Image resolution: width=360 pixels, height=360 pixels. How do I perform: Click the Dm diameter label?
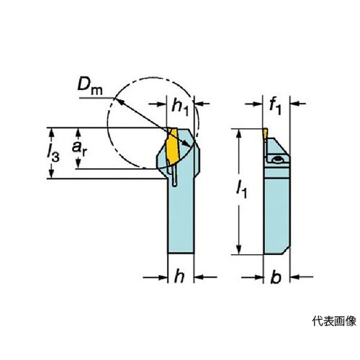pos(90,86)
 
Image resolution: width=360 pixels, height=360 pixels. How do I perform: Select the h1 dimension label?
pos(180,107)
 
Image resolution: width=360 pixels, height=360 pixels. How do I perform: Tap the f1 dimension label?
pos(275,107)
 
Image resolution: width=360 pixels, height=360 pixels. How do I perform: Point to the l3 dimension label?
pos(53,153)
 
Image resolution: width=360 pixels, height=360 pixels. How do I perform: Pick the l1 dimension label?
pos(241,189)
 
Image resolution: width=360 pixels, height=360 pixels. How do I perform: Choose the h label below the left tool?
pos(179,276)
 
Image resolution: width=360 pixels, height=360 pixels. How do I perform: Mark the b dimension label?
pos(276,277)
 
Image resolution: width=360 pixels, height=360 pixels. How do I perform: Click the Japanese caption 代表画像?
pos(334,321)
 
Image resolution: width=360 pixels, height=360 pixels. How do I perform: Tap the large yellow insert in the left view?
pos(173,146)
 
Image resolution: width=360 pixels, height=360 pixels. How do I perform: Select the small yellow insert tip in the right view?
pos(265,134)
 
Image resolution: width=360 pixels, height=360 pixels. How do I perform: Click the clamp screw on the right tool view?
pos(278,159)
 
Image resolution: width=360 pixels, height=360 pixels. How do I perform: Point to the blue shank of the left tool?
pos(180,216)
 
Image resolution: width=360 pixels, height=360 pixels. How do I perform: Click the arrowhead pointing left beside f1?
pos(294,104)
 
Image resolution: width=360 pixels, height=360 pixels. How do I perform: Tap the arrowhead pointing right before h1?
pos(162,104)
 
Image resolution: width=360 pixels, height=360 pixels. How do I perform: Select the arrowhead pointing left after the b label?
pos(294,277)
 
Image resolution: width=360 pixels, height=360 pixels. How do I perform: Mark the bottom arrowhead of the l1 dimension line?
pos(238,250)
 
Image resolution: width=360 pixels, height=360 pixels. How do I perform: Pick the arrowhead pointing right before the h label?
pos(163,278)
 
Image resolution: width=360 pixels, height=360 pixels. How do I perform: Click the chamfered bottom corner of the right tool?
pos(286,251)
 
